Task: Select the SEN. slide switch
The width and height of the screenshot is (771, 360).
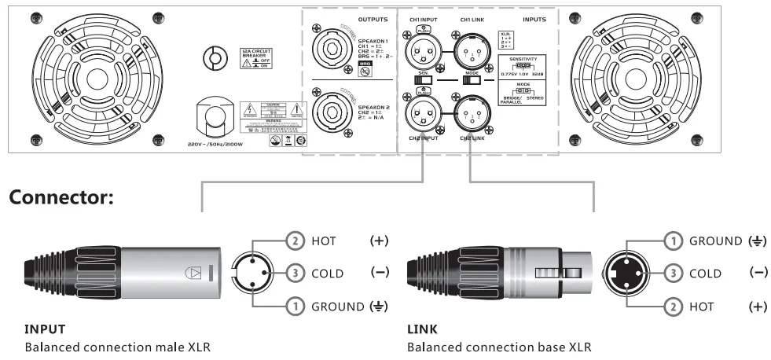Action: tap(423, 81)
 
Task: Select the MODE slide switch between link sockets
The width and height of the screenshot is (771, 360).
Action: tap(472, 81)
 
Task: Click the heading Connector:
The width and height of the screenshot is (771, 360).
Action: tap(63, 198)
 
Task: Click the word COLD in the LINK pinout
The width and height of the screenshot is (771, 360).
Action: tap(705, 274)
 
